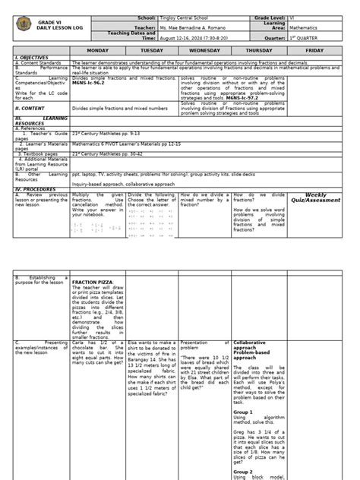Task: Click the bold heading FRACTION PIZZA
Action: click(93, 282)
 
